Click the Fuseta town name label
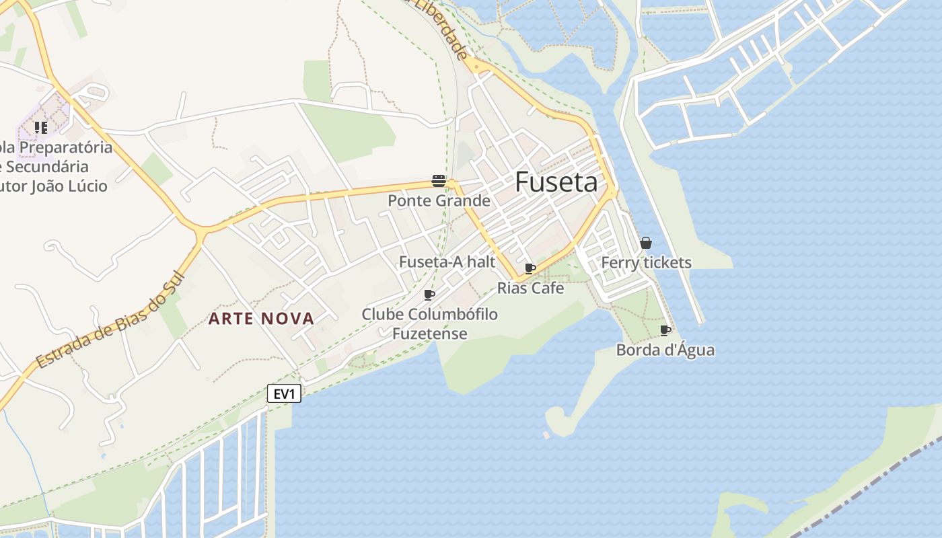[556, 182]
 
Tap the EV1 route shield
[284, 394]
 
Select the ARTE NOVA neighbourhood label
[261, 319]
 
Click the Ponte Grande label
[439, 200]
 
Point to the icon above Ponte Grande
[439, 180]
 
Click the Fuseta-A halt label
[447, 262]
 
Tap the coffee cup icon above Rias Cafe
[530, 269]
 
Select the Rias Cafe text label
[530, 289]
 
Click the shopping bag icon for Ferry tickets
[646, 243]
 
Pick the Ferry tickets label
[646, 263]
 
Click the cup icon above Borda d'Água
[665, 330]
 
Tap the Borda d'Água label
[665, 350]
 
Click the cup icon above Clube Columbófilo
[429, 295]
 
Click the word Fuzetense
[429, 334]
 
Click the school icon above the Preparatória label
[41, 127]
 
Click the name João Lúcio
[69, 186]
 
